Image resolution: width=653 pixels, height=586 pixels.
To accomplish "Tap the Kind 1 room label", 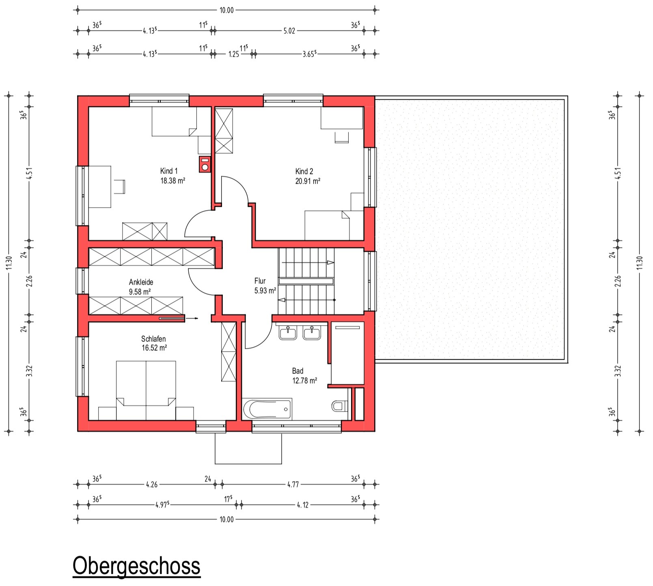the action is click(169, 171).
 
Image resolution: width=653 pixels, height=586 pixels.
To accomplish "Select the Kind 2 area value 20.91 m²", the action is click(308, 181).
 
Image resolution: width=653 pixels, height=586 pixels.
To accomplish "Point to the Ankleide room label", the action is click(141, 282).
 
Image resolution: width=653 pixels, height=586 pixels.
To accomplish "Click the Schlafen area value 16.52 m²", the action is click(154, 348).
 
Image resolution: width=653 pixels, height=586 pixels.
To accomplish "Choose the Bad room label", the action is click(297, 371).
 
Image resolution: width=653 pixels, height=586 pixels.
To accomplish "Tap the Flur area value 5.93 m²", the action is click(265, 290).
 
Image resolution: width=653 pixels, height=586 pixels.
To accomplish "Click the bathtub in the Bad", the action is click(267, 409).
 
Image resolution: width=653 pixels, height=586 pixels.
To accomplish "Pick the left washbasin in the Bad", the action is click(288, 333).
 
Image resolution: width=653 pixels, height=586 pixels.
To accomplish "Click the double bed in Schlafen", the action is click(146, 391).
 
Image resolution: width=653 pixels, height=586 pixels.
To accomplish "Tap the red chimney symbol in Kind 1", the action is click(205, 164).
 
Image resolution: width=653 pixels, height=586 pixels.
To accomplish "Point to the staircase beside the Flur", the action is click(307, 281).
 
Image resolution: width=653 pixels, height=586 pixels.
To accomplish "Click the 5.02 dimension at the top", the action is click(289, 31).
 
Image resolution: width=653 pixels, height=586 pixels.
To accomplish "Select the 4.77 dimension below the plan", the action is click(293, 484).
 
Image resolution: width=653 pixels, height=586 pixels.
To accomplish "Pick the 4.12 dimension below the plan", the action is click(303, 505).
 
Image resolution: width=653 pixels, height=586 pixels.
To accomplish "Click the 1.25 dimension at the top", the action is click(234, 54).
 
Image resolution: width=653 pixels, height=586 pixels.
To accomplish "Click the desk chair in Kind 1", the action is click(120, 186).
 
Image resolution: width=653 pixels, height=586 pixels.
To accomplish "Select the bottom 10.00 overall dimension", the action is click(226, 519).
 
